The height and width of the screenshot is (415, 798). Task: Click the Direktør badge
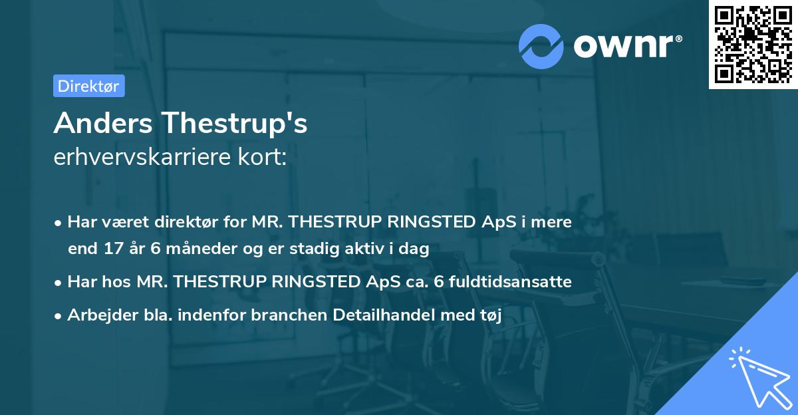pyautogui.click(x=88, y=86)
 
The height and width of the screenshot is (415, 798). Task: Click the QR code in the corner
pyautogui.click(x=753, y=44)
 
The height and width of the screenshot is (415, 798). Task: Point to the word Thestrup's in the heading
pyautogui.click(x=234, y=123)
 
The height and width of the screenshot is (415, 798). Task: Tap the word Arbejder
pyautogui.click(x=97, y=315)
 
